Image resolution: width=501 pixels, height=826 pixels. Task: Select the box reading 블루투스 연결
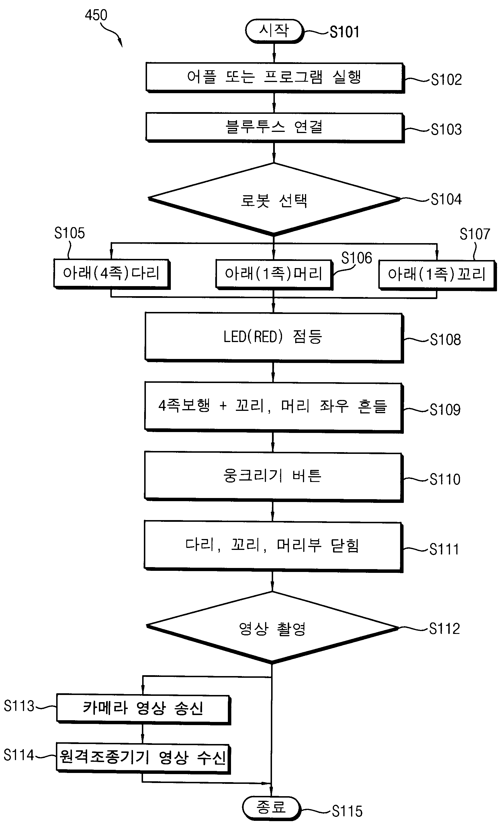(275, 128)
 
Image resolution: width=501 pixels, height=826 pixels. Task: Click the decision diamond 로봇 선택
(274, 200)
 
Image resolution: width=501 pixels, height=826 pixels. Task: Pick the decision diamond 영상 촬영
(273, 628)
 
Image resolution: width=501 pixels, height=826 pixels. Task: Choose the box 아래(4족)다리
(111, 274)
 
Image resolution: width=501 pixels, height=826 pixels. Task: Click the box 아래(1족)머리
(274, 274)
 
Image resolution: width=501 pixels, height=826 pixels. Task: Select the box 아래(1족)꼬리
(437, 275)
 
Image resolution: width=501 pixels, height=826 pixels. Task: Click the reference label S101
(345, 32)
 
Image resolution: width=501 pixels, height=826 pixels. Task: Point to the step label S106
(357, 258)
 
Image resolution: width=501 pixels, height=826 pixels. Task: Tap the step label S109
(445, 409)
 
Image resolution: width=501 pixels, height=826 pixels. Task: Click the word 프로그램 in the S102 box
(293, 77)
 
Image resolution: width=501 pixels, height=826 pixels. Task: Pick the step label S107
(475, 234)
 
